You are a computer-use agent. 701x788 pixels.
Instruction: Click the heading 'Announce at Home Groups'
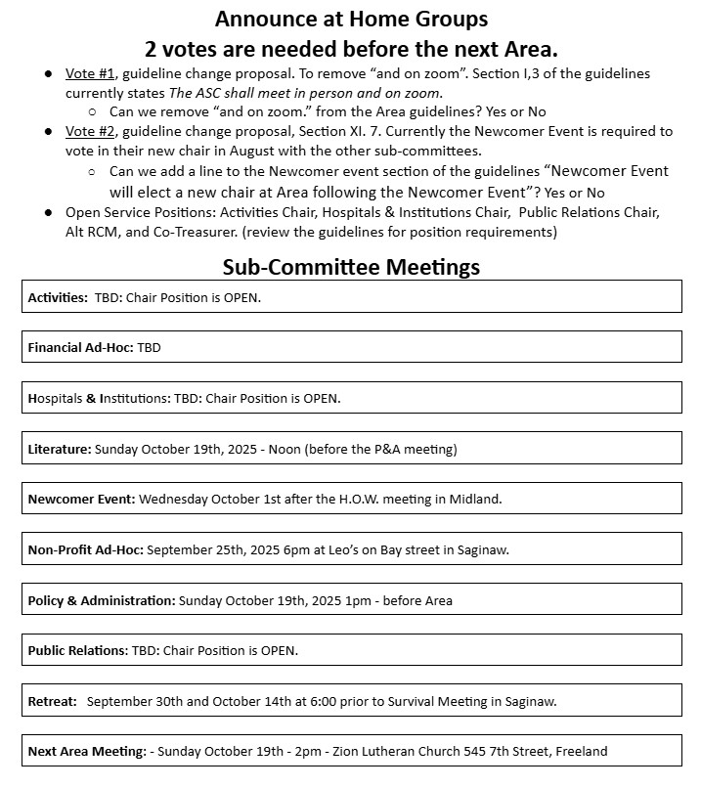tap(351, 19)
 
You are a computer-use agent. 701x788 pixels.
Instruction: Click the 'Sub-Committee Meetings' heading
tap(351, 267)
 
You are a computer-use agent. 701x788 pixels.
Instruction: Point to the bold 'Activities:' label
tap(58, 297)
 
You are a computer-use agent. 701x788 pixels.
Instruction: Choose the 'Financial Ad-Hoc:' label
tap(81, 347)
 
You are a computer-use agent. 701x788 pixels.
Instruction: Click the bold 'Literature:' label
tap(60, 450)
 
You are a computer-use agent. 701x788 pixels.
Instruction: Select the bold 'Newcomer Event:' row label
tap(82, 499)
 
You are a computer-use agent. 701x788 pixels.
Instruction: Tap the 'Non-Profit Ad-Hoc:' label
tap(86, 549)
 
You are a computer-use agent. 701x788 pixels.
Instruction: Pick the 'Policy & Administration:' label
tap(102, 600)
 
